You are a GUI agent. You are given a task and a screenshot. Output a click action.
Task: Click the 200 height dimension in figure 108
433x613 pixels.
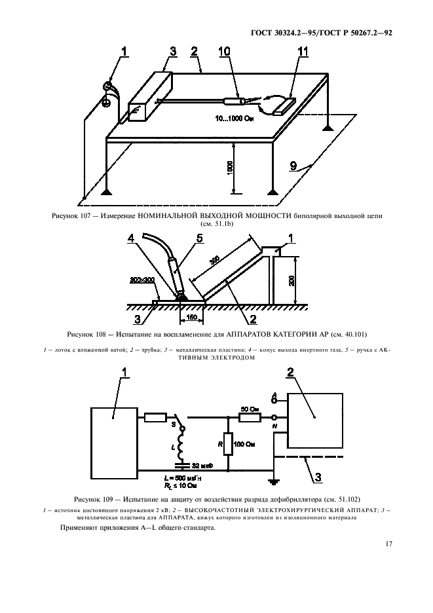pos(292,280)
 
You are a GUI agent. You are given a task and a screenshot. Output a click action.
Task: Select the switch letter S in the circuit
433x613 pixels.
pos(174,424)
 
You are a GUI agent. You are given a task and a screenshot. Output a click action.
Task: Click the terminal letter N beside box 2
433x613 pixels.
pos(274,428)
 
